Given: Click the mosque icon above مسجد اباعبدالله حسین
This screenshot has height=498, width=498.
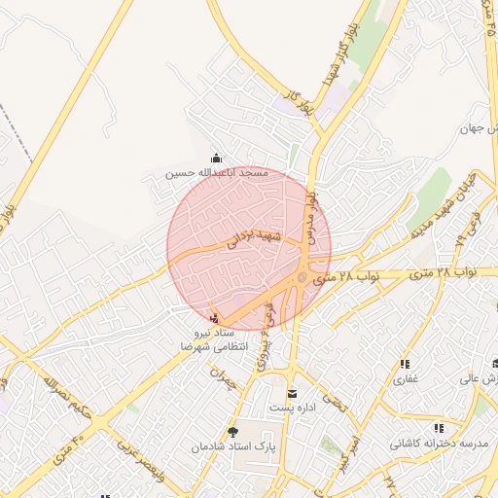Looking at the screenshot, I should point(216,159).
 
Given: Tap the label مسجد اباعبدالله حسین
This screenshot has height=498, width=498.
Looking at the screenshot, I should point(215,173).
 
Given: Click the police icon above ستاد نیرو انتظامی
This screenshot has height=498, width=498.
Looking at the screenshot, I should point(214,319).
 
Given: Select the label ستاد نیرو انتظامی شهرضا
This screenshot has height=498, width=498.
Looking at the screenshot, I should point(213,339).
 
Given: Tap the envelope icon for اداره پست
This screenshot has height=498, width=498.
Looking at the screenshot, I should point(292,393).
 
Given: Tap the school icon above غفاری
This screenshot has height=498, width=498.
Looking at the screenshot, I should point(404,364).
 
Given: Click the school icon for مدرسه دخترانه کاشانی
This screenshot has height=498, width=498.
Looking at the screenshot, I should point(439,428).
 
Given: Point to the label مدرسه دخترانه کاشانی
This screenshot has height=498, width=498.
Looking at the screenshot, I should point(438,444).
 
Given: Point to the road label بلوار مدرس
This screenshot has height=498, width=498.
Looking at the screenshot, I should point(317,212).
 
